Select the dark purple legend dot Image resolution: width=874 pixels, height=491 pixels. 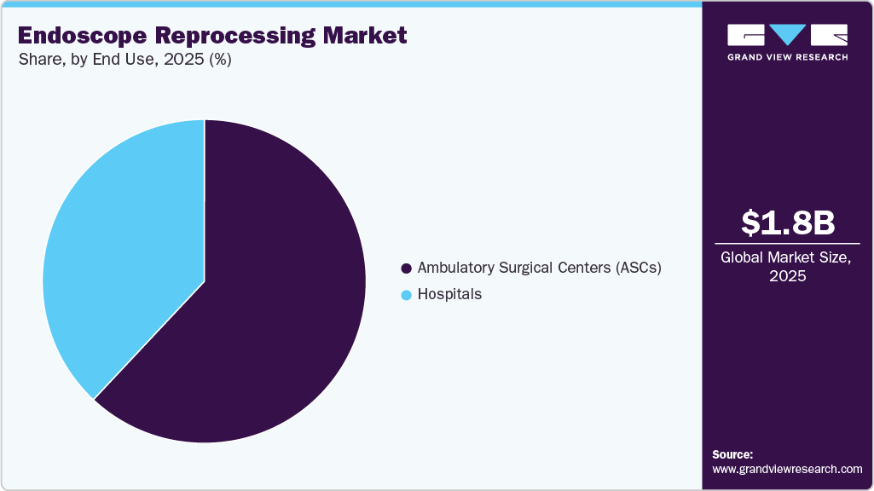click(x=406, y=268)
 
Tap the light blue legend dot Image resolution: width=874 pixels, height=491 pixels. click(x=406, y=295)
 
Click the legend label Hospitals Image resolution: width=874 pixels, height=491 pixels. click(x=449, y=294)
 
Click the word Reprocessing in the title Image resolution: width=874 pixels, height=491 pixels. click(x=240, y=36)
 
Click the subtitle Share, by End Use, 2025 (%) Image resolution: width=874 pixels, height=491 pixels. click(x=124, y=60)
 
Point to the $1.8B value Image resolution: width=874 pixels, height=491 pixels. click(x=787, y=222)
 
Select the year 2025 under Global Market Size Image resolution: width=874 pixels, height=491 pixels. click(x=787, y=276)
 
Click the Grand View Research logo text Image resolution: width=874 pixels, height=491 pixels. click(x=787, y=57)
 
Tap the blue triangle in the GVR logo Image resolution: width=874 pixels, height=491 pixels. click(x=787, y=34)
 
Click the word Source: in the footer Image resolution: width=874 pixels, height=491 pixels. click(x=732, y=454)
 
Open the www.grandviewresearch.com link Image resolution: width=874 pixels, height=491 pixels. click(x=787, y=469)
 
